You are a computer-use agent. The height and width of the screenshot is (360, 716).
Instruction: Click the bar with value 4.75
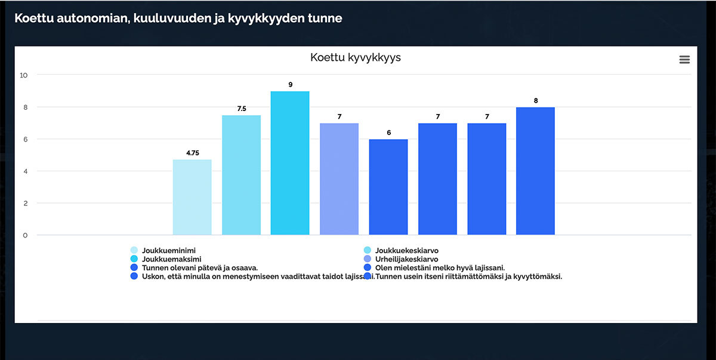192,197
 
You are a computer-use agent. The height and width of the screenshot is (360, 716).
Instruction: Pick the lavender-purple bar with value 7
339,179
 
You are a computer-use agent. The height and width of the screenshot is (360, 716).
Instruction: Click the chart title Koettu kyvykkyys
356,58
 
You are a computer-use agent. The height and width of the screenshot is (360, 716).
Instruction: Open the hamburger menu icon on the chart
684,60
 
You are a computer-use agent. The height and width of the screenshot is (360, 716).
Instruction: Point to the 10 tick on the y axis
24,75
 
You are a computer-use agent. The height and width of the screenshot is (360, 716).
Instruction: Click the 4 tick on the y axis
25,171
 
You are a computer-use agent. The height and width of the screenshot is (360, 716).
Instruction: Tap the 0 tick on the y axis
25,235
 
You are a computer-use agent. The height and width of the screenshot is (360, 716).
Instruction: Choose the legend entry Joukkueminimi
169,251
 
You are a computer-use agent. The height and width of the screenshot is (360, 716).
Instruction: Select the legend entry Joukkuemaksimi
171,260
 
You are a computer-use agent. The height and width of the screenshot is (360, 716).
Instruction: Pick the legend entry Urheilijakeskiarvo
406,260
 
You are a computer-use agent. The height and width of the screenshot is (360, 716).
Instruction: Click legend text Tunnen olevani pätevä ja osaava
199,268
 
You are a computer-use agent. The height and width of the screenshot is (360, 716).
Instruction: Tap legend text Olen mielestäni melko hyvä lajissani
440,268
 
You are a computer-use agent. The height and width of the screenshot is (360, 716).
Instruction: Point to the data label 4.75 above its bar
192,153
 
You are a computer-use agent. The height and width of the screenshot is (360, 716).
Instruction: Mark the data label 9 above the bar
290,85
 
